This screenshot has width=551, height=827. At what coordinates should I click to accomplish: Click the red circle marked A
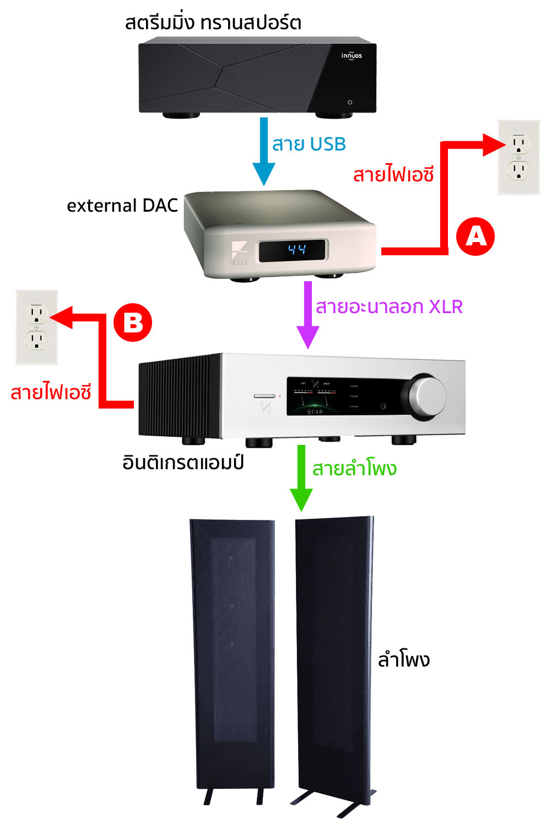click(x=476, y=237)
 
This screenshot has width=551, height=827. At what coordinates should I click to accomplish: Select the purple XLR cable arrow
click(x=308, y=314)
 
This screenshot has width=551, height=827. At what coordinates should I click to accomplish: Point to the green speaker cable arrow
click(x=301, y=477)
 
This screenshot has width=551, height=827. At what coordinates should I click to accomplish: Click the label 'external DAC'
click(x=122, y=206)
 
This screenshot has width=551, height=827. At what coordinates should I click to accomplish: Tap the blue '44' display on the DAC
click(x=296, y=250)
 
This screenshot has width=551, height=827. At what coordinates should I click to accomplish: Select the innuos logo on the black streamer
click(x=351, y=56)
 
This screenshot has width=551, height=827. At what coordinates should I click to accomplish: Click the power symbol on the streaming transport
click(x=350, y=102)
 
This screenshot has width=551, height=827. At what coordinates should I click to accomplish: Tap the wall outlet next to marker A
click(x=518, y=158)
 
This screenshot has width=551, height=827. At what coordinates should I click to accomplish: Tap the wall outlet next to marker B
click(x=36, y=327)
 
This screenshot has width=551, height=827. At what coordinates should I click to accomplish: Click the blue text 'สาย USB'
click(x=309, y=144)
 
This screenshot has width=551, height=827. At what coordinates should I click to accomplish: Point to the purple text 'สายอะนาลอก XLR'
click(x=388, y=307)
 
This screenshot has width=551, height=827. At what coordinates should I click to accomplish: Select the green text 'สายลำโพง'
click(x=354, y=469)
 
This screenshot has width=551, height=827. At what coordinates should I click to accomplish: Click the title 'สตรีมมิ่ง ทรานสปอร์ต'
click(x=213, y=23)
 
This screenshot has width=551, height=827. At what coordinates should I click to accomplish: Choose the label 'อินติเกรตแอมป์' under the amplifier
click(x=183, y=462)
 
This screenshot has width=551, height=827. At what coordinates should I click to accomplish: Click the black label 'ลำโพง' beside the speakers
click(x=403, y=659)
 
